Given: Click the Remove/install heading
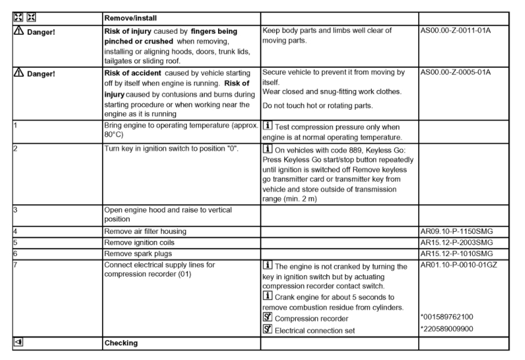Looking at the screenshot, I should click(131, 18).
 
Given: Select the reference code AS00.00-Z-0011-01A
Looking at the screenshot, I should click(455, 30).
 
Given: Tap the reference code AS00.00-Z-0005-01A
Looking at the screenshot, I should click(455, 72).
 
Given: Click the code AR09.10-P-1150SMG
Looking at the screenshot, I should click(456, 231).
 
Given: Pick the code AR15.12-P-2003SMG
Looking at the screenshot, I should click(456, 242).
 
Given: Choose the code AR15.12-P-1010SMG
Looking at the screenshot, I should click(456, 254).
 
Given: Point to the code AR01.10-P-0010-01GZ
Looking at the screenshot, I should click(458, 265).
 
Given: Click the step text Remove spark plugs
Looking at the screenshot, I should click(133, 254).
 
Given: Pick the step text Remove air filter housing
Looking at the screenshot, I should click(145, 231).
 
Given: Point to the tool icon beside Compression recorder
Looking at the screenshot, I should click(267, 318).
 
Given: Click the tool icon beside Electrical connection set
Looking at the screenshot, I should click(267, 329).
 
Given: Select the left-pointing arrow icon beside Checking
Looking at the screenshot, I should click(17, 343).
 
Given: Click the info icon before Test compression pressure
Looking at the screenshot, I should click(267, 127).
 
